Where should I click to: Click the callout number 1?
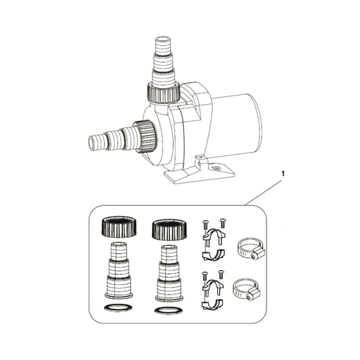click(x=282, y=171)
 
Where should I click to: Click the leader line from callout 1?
click(x=264, y=189)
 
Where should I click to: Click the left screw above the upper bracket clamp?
click(x=205, y=223)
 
